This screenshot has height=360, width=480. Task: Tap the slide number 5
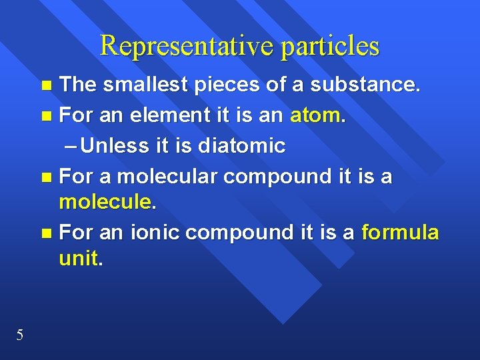coord(20,335)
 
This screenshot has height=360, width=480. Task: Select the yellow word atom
coord(316,116)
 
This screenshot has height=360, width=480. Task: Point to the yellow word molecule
coord(105,202)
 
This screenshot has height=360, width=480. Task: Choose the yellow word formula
coord(400,232)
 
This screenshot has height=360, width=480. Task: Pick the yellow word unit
coord(78,259)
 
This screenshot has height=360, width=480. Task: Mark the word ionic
coord(155,233)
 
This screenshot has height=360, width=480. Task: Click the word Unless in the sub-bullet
coord(115,145)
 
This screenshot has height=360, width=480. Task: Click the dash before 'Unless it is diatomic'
coord(71,146)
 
